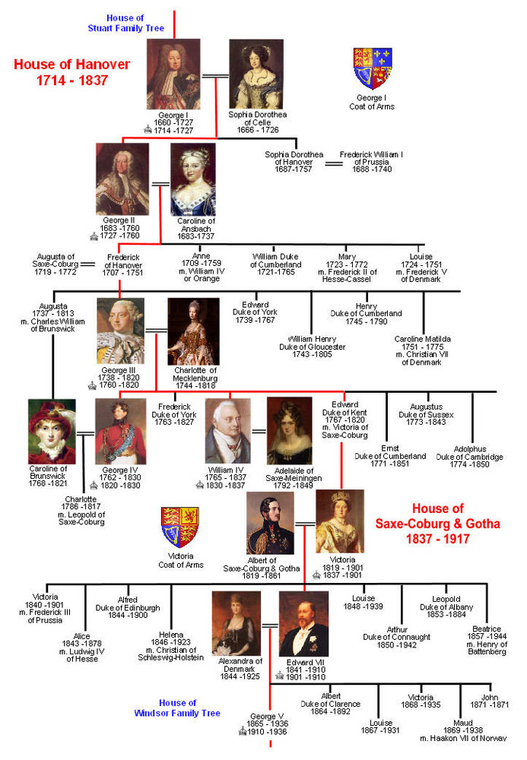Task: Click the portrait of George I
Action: pos(173,74)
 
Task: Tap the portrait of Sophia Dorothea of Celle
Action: pos(256,74)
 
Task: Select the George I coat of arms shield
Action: pos(373,68)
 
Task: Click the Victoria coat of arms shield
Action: pos(180,527)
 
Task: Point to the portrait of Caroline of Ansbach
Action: pos(193,179)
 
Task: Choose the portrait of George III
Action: pos(121,331)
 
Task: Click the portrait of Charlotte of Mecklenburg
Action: pos(193,331)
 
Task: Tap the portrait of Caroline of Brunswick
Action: pos(52,432)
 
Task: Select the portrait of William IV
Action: pos(228,431)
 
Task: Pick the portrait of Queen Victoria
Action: pos(340,521)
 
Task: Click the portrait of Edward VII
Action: pos(303,624)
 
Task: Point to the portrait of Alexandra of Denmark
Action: pos(236,623)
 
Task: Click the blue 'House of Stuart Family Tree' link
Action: pos(126,23)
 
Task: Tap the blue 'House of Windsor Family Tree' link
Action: pos(177,708)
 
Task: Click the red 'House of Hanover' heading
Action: pos(71,65)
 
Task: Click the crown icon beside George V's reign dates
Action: pos(243,731)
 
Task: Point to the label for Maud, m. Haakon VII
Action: pos(463,730)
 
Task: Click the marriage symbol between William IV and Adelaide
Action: pos(259,431)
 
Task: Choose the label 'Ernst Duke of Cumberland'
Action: pos(390,456)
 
